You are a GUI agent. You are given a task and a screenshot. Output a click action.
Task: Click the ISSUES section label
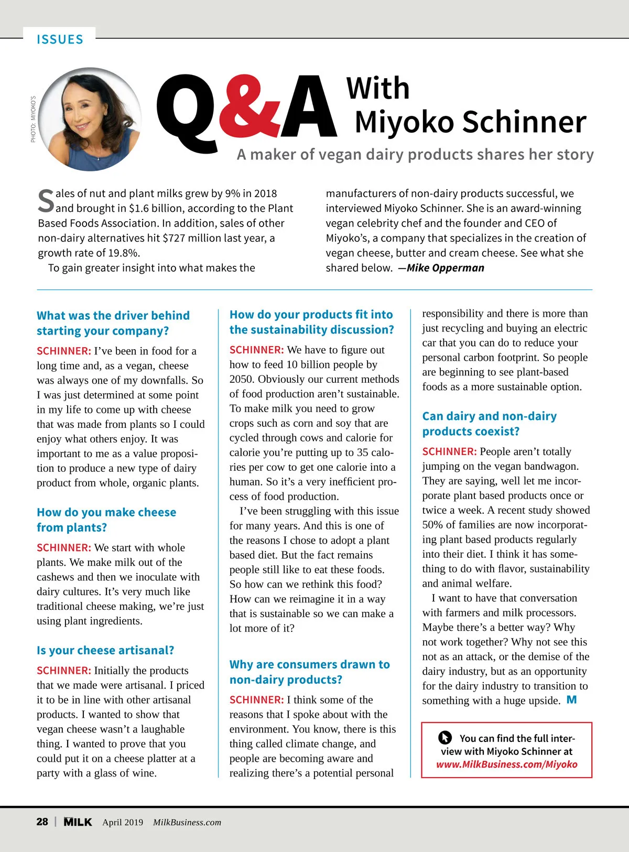[60, 39]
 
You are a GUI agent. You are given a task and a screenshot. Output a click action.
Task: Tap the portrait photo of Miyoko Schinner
[90, 119]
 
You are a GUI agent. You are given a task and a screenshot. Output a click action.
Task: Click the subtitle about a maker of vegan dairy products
[415, 154]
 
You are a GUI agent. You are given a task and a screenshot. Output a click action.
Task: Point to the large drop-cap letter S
[46, 201]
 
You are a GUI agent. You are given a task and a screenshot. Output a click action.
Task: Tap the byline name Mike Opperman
[445, 268]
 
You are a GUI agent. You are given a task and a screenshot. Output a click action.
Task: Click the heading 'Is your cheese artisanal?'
[105, 650]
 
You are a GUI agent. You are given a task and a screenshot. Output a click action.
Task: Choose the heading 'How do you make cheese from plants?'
[106, 520]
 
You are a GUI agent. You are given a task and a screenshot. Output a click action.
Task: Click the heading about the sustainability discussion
[311, 322]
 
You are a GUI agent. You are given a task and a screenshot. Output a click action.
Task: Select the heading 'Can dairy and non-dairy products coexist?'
[490, 424]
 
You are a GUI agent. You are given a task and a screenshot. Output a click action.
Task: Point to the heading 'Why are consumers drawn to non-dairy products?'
[309, 672]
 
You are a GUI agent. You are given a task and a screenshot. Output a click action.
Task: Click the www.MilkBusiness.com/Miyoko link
[507, 764]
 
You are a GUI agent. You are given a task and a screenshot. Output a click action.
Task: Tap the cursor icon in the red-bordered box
[445, 738]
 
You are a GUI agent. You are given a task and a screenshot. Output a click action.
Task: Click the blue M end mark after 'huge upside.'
[572, 700]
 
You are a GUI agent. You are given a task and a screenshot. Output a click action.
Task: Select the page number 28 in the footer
[42, 822]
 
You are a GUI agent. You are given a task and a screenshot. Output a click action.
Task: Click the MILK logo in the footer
[78, 822]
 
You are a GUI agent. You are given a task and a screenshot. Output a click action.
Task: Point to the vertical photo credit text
[33, 119]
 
